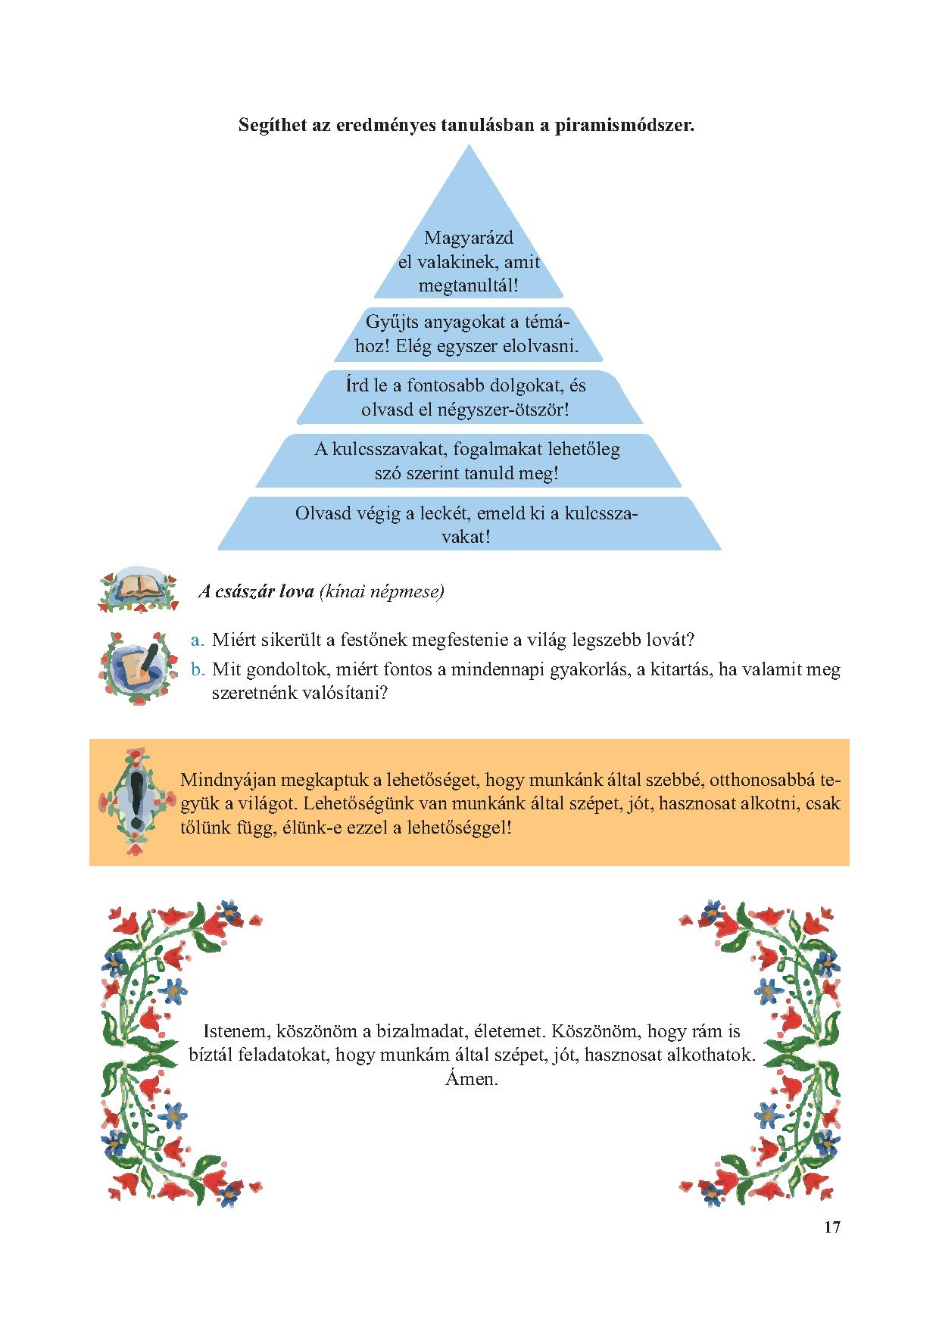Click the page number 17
pyautogui.click(x=831, y=1249)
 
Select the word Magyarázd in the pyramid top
pyautogui.click(x=469, y=238)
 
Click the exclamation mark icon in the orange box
pyautogui.click(x=137, y=802)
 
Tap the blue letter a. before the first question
pyautogui.click(x=198, y=640)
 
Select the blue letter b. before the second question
pyautogui.click(x=198, y=669)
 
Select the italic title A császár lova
pyautogui.click(x=256, y=591)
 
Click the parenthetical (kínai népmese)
pyautogui.click(x=382, y=591)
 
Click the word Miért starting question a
pyautogui.click(x=233, y=640)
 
